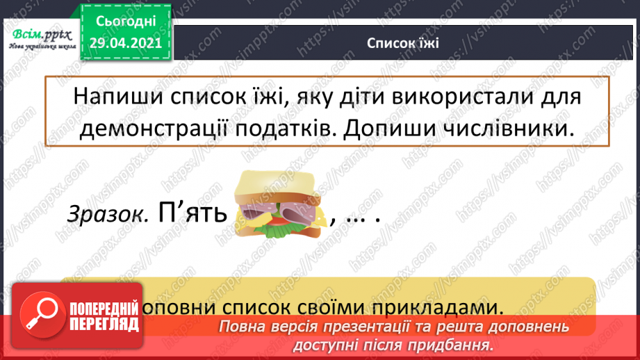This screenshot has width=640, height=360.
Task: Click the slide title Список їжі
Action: pos(402,42)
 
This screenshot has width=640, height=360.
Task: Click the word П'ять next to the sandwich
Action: pos(194,212)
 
